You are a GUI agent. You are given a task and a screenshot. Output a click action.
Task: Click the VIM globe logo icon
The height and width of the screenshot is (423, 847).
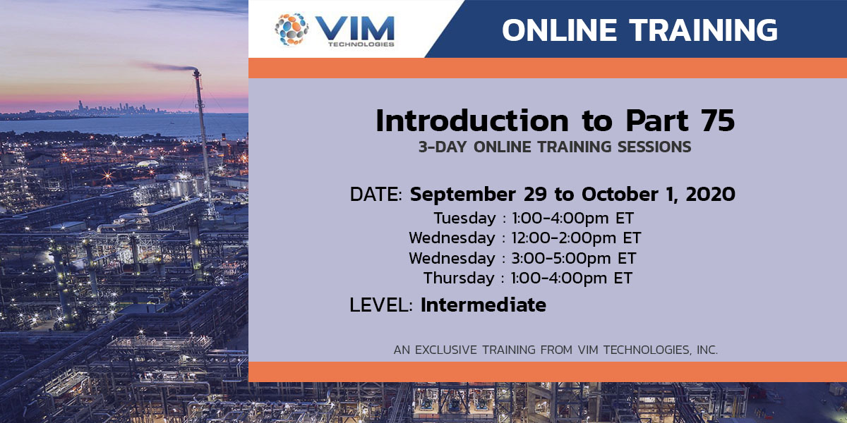click(292, 29)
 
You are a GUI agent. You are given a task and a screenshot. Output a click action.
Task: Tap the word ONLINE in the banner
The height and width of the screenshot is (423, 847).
click(558, 30)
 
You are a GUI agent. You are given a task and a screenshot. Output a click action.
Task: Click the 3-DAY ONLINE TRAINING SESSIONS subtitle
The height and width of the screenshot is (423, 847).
click(555, 148)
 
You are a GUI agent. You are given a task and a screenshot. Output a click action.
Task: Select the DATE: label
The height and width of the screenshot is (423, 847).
click(377, 194)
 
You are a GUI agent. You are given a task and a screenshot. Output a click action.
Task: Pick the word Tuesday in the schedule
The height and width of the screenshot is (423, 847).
click(465, 217)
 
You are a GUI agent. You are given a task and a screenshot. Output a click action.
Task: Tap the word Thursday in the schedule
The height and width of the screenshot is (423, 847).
click(459, 278)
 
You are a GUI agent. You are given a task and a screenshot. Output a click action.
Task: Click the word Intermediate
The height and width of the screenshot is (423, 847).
click(483, 305)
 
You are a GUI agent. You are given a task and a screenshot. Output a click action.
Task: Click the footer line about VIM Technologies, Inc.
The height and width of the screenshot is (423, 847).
click(555, 350)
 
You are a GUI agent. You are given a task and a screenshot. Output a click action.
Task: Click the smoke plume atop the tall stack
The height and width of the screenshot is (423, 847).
click(166, 67)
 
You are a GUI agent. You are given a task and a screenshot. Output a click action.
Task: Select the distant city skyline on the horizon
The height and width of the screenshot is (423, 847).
click(120, 108)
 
